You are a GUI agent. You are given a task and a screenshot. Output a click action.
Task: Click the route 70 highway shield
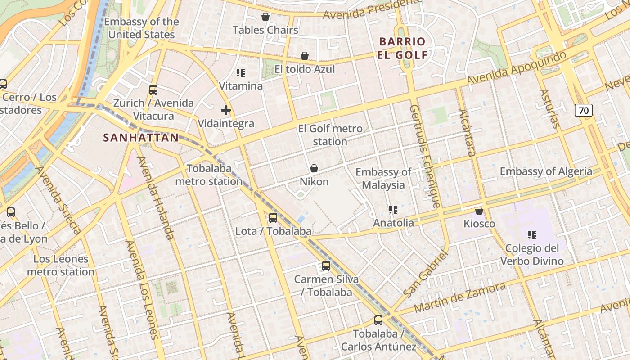[583, 110]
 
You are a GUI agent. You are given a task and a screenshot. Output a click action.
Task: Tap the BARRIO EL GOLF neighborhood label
[403, 49]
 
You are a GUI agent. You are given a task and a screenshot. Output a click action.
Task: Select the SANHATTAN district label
[141, 138]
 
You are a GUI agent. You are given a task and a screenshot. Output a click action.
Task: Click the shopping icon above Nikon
[314, 169]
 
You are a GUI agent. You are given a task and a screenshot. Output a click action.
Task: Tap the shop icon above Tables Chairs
[265, 17]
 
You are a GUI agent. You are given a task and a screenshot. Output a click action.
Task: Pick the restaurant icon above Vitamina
[241, 72]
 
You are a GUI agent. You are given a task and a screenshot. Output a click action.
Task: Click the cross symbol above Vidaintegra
[226, 110]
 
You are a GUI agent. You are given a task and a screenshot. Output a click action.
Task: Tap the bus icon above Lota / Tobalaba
[273, 218]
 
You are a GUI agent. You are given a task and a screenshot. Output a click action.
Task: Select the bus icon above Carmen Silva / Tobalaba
[326, 266]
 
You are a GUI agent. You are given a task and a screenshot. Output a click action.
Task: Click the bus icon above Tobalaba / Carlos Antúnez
[378, 320]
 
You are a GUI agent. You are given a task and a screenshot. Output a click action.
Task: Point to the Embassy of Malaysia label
[383, 178]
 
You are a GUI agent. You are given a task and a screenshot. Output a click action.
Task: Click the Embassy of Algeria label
[546, 171]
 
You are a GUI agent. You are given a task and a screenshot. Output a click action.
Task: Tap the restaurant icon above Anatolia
[393, 210]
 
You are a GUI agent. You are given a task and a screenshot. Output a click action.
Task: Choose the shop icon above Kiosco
[479, 211]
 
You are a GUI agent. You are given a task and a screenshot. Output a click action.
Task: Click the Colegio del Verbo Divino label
[532, 255]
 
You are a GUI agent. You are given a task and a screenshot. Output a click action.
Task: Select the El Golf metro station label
[330, 135]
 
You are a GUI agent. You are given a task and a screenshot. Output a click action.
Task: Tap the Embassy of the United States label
[141, 28]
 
